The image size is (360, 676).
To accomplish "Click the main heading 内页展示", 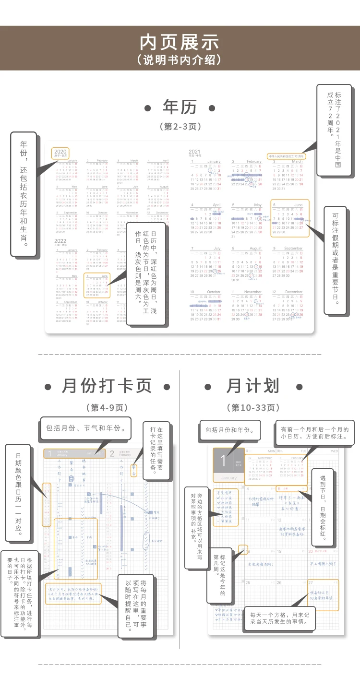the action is (x=180, y=42).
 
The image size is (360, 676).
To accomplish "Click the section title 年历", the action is (x=180, y=107).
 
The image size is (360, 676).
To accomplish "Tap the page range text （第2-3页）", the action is (x=180, y=127).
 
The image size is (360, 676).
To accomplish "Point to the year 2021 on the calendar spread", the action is (x=194, y=152).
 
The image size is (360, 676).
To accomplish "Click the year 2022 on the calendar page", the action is (x=60, y=241).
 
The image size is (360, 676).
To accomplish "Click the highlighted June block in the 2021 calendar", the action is (x=289, y=218).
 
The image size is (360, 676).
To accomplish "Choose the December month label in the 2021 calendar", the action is (x=294, y=292).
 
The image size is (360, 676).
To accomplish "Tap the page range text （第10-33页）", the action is (x=253, y=408).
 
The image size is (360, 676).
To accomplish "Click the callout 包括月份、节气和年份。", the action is (x=86, y=428).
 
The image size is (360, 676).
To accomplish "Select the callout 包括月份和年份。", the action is (x=230, y=430).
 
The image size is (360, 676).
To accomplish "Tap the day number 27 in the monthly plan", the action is (x=311, y=582).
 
